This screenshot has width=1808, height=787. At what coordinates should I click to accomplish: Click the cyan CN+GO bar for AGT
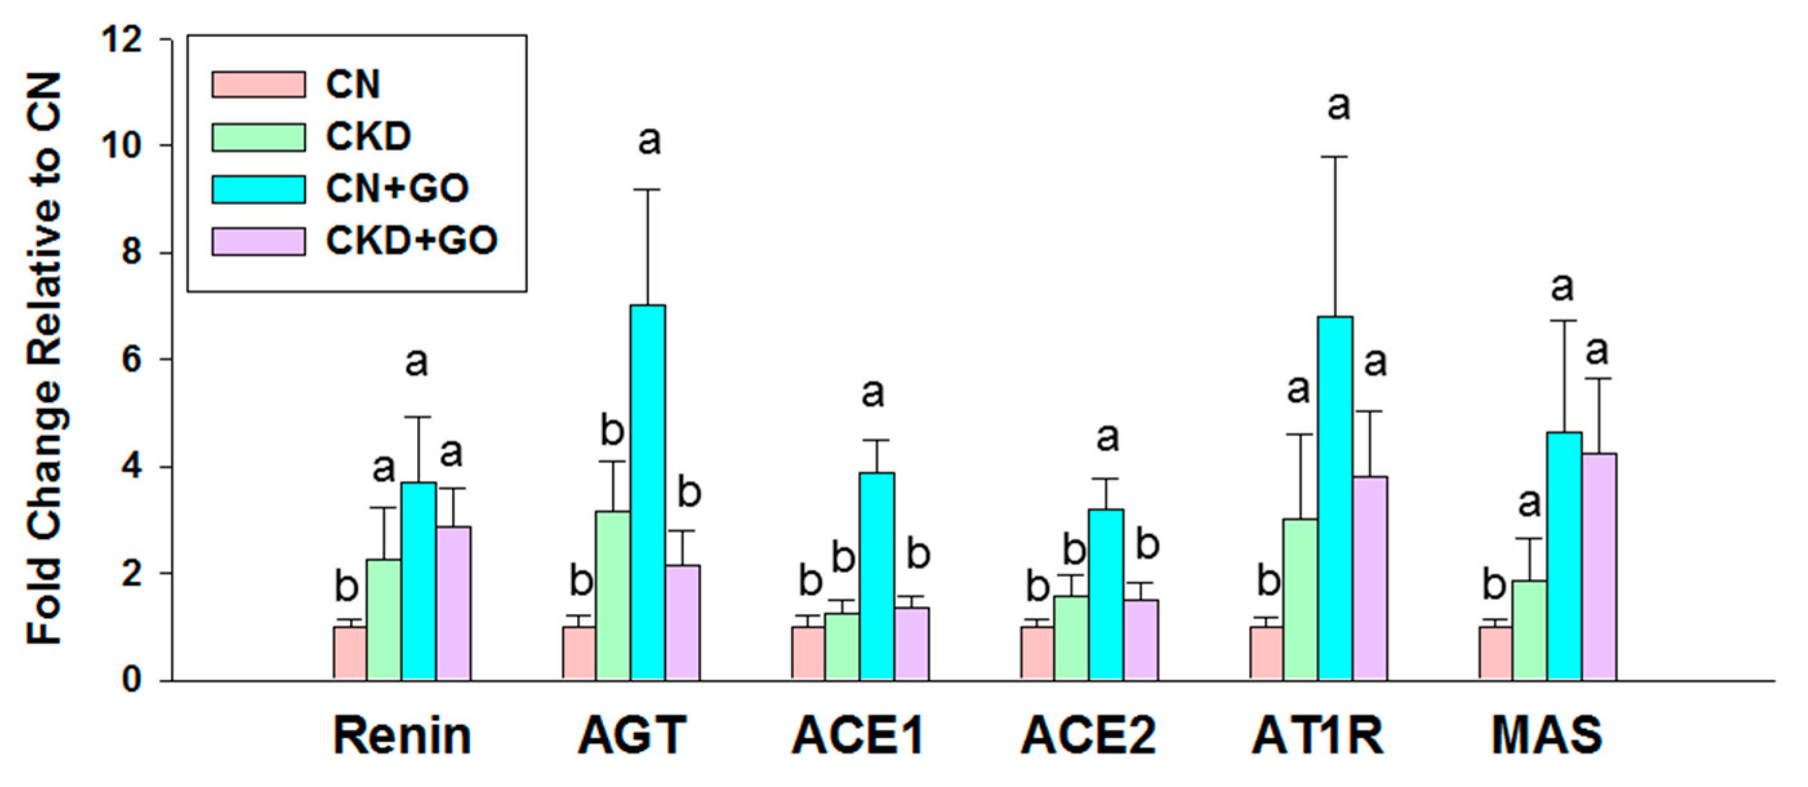(647, 492)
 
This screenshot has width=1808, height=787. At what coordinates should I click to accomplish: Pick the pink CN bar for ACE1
(808, 653)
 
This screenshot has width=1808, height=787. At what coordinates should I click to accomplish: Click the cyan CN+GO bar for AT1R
(1335, 498)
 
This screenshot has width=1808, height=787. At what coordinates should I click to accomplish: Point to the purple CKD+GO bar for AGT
(683, 622)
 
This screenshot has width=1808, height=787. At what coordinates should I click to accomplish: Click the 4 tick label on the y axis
(132, 467)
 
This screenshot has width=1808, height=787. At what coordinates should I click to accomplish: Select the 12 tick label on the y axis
(122, 40)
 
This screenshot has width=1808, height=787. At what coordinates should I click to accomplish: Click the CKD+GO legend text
(411, 241)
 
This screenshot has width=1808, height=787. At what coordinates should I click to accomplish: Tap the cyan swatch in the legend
(259, 189)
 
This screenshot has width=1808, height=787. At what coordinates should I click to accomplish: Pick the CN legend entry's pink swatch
(259, 85)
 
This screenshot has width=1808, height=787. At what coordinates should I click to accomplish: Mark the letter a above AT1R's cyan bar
(1339, 105)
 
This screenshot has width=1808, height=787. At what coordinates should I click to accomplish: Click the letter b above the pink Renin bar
(347, 586)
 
